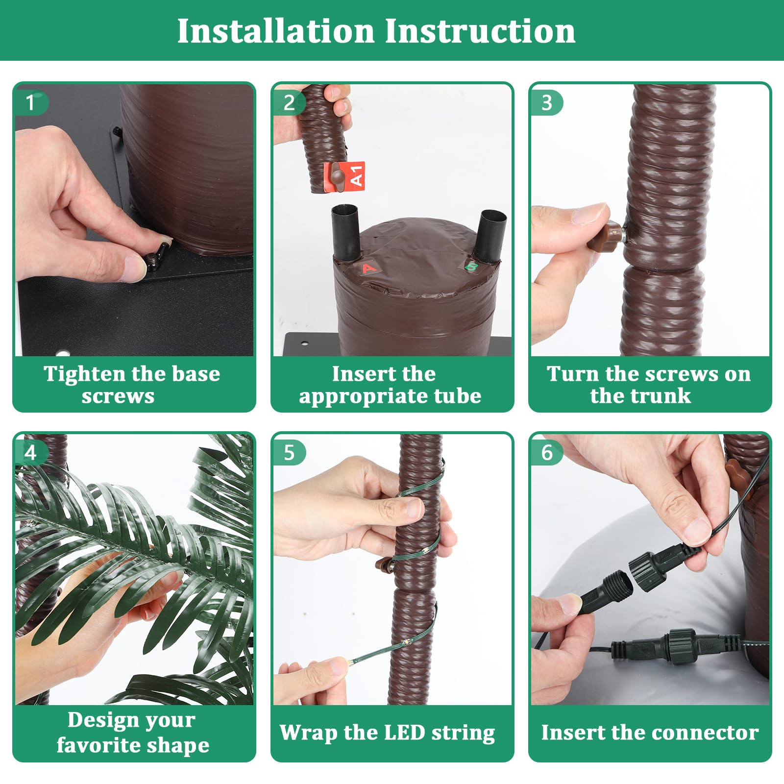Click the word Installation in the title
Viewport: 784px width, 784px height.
(x=276, y=31)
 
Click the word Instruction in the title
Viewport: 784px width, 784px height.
(x=480, y=31)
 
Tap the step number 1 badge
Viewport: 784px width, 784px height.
(x=30, y=103)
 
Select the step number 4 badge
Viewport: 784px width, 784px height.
(x=30, y=453)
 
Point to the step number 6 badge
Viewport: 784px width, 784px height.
(x=547, y=453)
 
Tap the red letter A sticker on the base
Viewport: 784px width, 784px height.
(x=368, y=268)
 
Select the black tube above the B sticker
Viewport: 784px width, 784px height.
(x=491, y=236)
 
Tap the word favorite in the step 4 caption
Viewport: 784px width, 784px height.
(x=98, y=745)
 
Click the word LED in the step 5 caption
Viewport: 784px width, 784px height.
(x=405, y=733)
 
